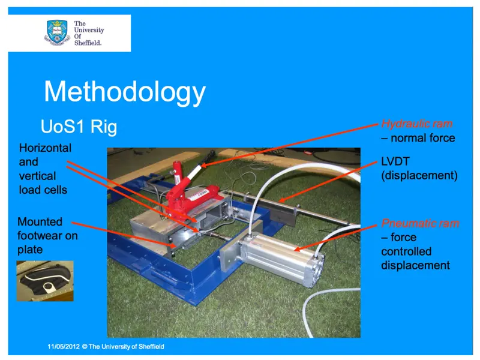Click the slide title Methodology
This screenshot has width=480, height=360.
[x=125, y=92]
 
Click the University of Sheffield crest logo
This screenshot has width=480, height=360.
[x=57, y=32]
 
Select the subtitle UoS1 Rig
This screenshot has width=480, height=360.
[x=79, y=127]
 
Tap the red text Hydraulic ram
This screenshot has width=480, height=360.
[x=417, y=124]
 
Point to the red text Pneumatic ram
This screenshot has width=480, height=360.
[x=420, y=224]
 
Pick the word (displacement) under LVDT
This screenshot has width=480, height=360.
[x=419, y=176]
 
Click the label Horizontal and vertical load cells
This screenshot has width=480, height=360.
[x=45, y=169]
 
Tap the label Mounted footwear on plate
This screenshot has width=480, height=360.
[x=47, y=235]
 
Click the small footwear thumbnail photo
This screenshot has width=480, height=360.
[x=44, y=280]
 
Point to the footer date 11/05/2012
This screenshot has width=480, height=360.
[x=64, y=347]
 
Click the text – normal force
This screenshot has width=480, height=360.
[x=418, y=138]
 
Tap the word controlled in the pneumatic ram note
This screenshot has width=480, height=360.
[x=406, y=251]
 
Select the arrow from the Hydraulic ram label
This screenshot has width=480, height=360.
[x=288, y=144]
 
